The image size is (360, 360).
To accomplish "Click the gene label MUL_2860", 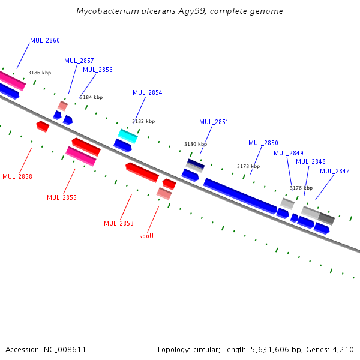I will click(x=45, y=40).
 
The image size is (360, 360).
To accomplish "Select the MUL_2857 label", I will click(x=79, y=61).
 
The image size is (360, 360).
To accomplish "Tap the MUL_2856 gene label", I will click(x=98, y=70).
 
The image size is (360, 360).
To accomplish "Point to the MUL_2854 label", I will click(x=147, y=92).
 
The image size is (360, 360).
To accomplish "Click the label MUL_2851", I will click(x=214, y=122).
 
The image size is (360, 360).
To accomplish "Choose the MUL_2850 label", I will click(x=263, y=143).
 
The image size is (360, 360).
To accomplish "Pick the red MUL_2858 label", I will click(x=17, y=176).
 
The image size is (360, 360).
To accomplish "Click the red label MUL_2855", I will click(x=62, y=197).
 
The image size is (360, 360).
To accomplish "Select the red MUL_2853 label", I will click(x=119, y=223).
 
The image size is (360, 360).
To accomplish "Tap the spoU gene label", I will click(x=146, y=236).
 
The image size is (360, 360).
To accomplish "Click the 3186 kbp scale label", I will click(x=40, y=73).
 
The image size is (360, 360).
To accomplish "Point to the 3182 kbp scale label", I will click(x=143, y=121).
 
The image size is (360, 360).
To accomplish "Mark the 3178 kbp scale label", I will click(x=248, y=166).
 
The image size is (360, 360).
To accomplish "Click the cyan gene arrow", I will click(x=127, y=136).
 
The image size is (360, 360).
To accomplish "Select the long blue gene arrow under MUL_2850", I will click(x=240, y=195).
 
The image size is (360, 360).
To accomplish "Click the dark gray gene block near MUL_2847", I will click(x=326, y=218).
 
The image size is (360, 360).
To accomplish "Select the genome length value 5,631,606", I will click(x=281, y=349).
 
